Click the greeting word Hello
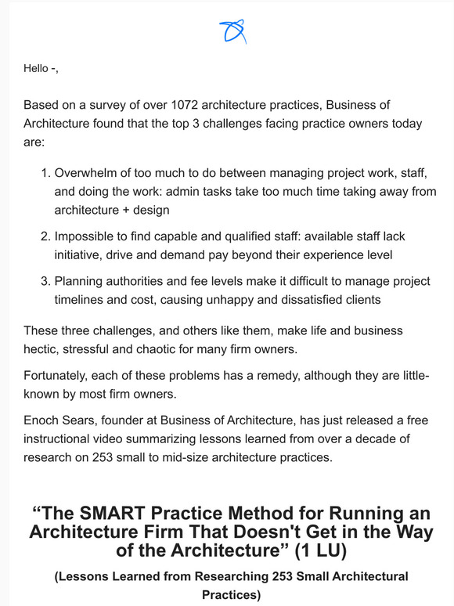coord(36,68)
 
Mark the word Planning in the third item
coord(80,281)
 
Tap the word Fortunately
coord(59,375)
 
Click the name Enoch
coord(42,420)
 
